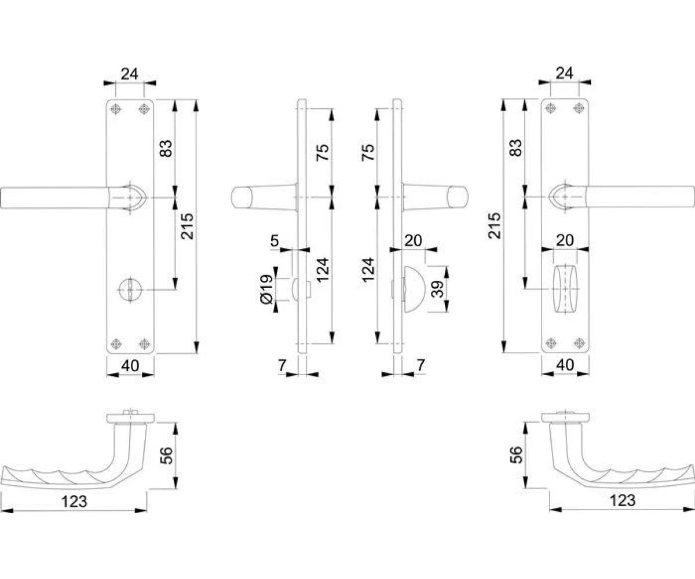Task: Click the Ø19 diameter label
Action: click(x=267, y=288)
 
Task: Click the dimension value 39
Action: click(x=437, y=289)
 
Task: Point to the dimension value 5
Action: click(x=275, y=241)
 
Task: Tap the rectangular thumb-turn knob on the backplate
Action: click(x=565, y=289)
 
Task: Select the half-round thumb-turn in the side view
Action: click(x=414, y=289)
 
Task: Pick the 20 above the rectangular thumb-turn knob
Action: click(x=565, y=241)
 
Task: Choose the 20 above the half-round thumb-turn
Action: click(x=413, y=241)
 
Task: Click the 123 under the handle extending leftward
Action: click(x=74, y=502)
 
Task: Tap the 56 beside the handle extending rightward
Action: click(x=517, y=455)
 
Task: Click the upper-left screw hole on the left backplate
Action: click(x=115, y=109)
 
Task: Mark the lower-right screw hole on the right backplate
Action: click(x=579, y=343)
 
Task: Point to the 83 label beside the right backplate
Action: click(x=516, y=148)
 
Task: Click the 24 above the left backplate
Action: click(x=130, y=74)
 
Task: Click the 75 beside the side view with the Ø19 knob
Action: click(x=323, y=153)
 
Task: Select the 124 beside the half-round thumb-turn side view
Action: click(x=369, y=270)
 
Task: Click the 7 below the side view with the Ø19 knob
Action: click(x=282, y=366)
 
